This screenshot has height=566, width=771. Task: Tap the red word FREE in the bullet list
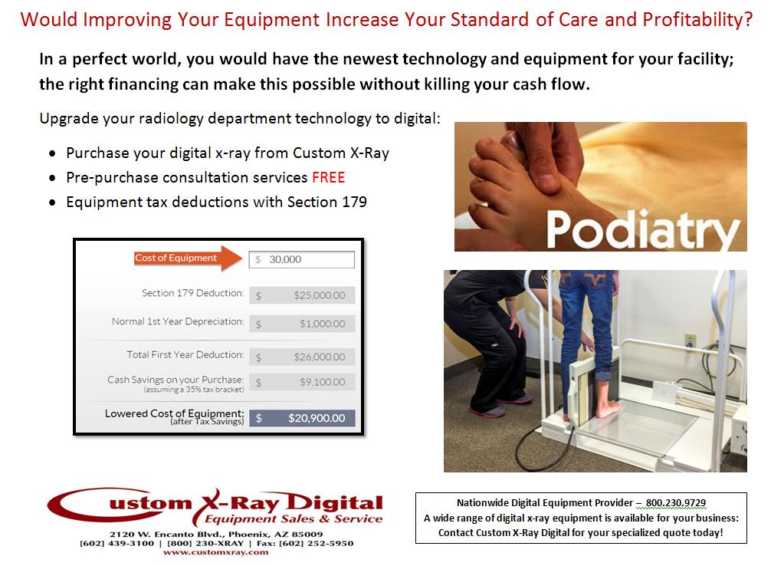(328, 178)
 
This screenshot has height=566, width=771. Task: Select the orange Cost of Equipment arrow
(185, 258)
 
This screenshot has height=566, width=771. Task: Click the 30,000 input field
(302, 259)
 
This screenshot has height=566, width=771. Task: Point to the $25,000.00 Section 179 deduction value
(319, 295)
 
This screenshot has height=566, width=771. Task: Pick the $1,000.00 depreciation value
(322, 324)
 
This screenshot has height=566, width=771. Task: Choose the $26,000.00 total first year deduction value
(319, 357)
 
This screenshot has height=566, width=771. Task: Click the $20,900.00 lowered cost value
(316, 418)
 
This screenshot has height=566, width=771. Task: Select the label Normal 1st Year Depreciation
(178, 322)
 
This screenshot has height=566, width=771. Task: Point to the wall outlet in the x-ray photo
(690, 340)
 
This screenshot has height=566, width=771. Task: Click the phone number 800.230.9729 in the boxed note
(675, 503)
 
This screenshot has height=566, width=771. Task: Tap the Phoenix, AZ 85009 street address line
(215, 534)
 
